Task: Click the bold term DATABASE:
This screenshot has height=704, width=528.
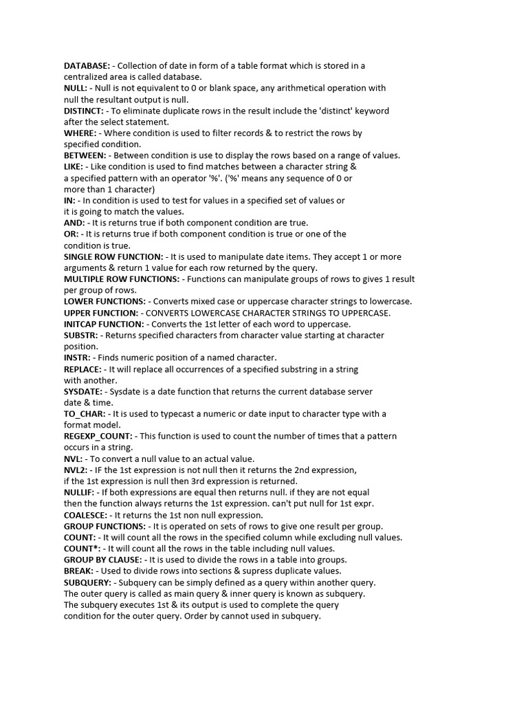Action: (x=87, y=66)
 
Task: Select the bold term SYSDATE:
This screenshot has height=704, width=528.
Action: (x=83, y=391)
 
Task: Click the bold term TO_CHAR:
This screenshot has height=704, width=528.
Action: (x=85, y=414)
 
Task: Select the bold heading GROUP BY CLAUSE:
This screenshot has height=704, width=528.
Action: (x=103, y=560)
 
